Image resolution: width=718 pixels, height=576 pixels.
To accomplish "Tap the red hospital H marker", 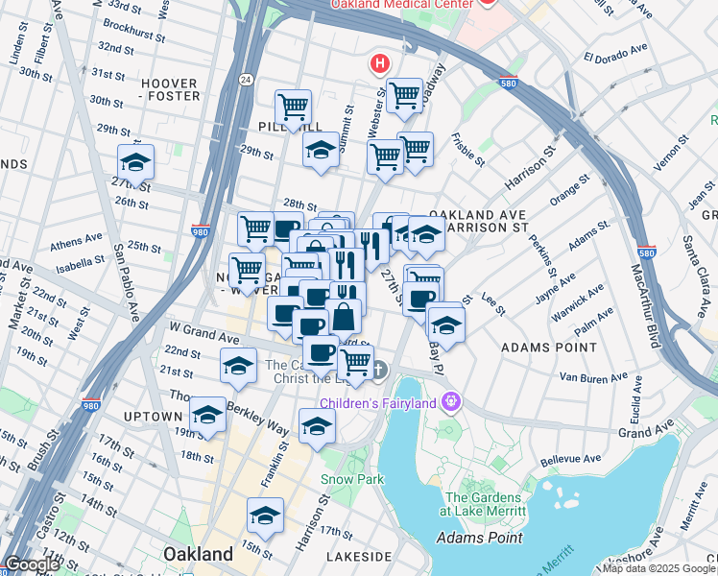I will pyautogui.click(x=380, y=65).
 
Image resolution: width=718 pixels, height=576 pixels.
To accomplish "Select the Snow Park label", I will pyautogui.click(x=352, y=479).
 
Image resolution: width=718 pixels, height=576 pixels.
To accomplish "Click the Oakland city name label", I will pyautogui.click(x=198, y=554).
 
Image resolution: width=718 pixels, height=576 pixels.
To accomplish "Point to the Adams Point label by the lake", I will pyautogui.click(x=479, y=538).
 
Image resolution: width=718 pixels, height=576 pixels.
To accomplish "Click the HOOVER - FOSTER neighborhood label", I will pyautogui.click(x=171, y=89).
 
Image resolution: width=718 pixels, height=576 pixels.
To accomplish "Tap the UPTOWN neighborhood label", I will pyautogui.click(x=153, y=417).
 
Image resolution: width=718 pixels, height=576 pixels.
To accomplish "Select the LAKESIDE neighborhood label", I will pyautogui.click(x=358, y=556).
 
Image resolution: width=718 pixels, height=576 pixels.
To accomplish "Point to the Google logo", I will pyautogui.click(x=31, y=564).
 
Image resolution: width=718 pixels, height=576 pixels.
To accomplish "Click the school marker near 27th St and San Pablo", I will pyautogui.click(x=136, y=162).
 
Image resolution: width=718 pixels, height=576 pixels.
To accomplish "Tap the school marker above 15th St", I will pyautogui.click(x=265, y=516).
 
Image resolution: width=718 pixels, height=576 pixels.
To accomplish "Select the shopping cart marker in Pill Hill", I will pyautogui.click(x=293, y=108).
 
